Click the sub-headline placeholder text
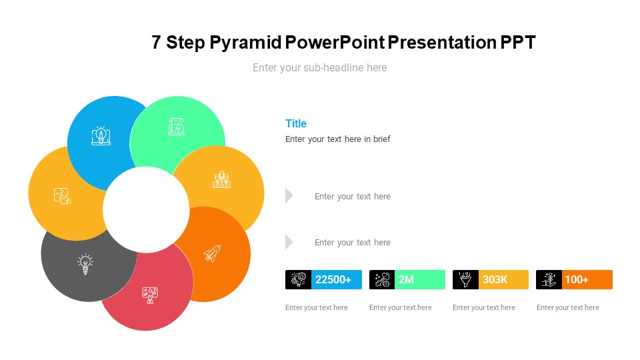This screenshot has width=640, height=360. click(x=319, y=67)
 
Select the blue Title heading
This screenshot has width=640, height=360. click(x=295, y=123)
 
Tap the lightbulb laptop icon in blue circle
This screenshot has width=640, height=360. click(x=101, y=135)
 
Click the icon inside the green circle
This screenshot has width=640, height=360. click(x=176, y=127)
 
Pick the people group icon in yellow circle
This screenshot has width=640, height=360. click(x=221, y=180)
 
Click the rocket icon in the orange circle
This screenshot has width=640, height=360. click(x=212, y=253)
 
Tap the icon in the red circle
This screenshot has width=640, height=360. click(x=149, y=295)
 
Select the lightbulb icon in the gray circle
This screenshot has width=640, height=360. click(x=85, y=264)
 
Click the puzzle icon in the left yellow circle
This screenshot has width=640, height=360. click(x=62, y=196)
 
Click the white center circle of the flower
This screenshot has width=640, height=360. click(x=146, y=209)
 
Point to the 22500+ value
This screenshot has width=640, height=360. click(x=333, y=279)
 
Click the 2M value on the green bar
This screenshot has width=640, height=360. click(x=406, y=279)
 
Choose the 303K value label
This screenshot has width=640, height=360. click(x=495, y=279)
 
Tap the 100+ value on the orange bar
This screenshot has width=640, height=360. click(x=576, y=279)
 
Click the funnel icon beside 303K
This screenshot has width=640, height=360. click(x=465, y=279)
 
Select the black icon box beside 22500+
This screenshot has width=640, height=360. click(x=298, y=279)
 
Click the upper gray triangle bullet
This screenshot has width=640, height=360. click(x=289, y=195)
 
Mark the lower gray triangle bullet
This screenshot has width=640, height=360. click(x=289, y=242)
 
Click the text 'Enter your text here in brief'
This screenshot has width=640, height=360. click(x=337, y=139)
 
